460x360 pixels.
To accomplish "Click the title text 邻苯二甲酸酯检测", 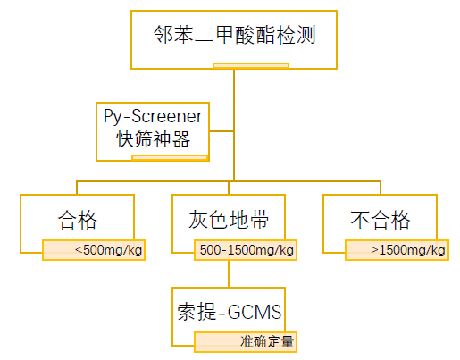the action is (x=234, y=35).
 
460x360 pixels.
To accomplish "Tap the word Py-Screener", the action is (x=153, y=116).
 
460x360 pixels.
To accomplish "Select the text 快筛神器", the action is (x=153, y=138).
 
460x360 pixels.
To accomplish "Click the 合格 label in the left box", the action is (x=78, y=220).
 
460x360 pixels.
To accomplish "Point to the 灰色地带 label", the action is (x=229, y=220).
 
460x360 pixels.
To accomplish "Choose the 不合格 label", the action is (x=381, y=220).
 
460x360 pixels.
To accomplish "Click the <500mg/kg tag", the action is (x=94, y=250).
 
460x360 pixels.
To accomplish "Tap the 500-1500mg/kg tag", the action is (x=246, y=250).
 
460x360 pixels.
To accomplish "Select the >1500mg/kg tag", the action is (x=397, y=250).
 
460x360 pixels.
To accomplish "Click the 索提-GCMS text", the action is (x=230, y=312).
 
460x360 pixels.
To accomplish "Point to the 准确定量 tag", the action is (x=246, y=342).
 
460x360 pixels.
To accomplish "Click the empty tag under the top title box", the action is (x=251, y=65).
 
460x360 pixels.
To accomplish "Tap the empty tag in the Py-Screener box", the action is (x=170, y=157).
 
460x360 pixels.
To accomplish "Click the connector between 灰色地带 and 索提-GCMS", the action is (x=229, y=274).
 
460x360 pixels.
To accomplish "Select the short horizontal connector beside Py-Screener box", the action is (x=222, y=131).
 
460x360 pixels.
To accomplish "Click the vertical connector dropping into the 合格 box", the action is (x=77, y=188).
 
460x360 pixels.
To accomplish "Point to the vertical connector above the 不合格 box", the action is (x=381, y=188).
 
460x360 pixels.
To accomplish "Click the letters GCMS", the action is (x=255, y=312).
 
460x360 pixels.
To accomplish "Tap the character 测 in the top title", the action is (x=306, y=35).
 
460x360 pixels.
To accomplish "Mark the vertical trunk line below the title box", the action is (x=234, y=125).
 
